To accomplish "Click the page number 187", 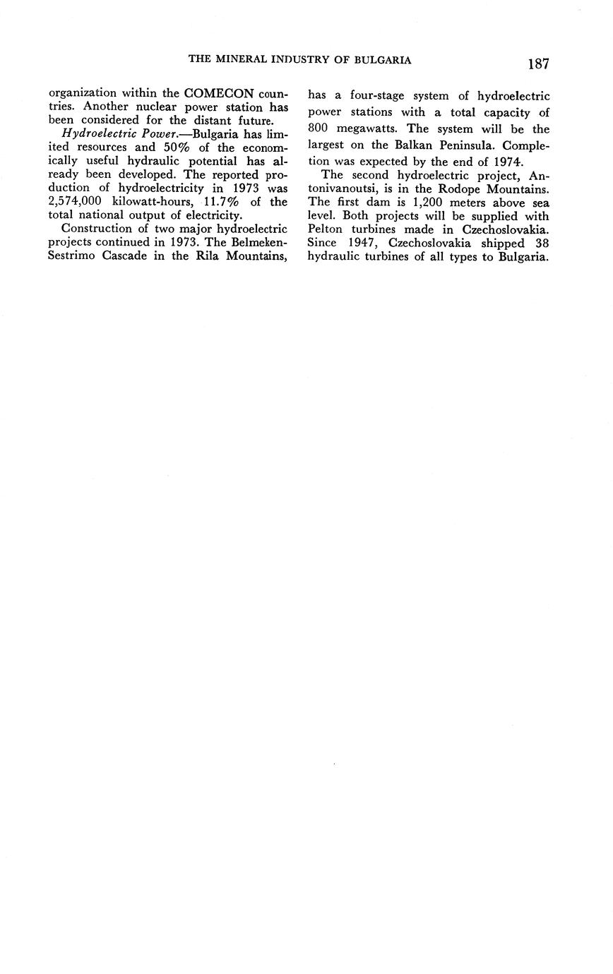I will click(537, 64).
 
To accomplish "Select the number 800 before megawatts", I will click(320, 128).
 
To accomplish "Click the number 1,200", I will click(426, 203).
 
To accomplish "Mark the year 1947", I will click(363, 243).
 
